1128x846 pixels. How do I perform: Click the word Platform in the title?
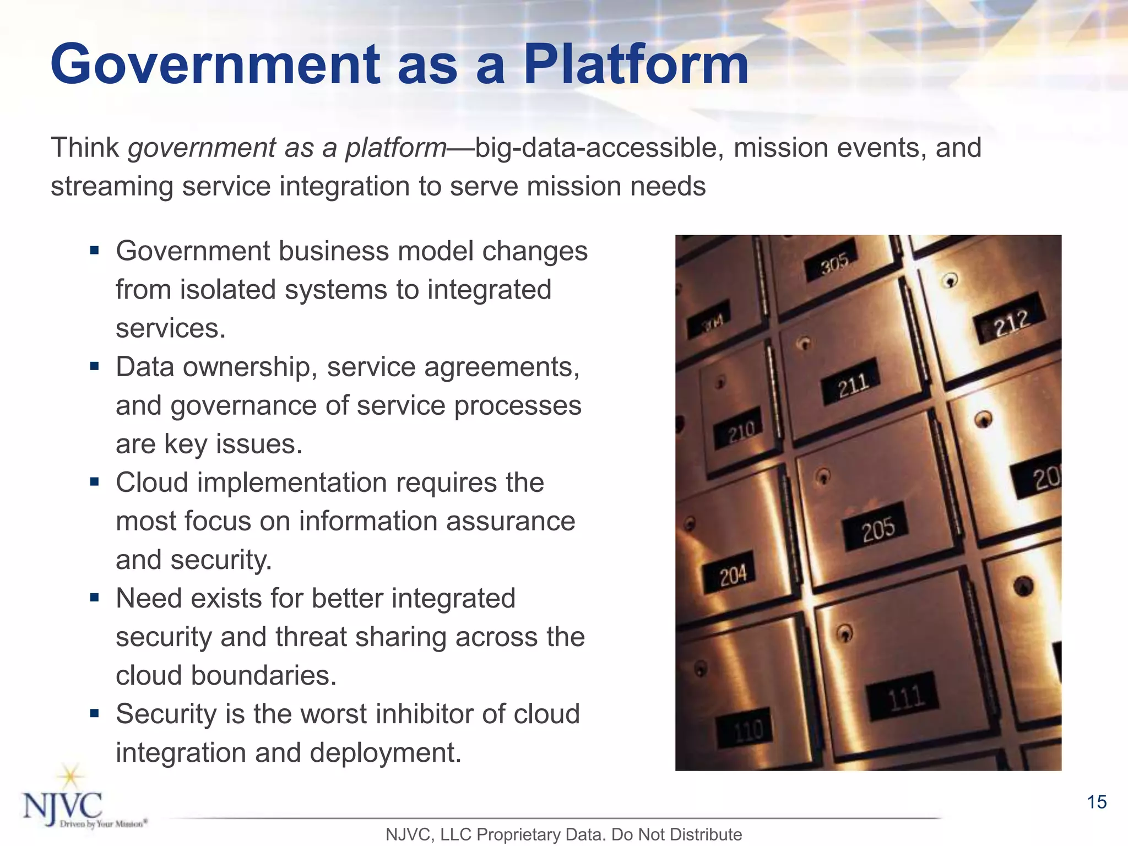coord(636,65)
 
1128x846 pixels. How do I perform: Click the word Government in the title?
coord(215,65)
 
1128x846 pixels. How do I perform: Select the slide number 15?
coord(1097,802)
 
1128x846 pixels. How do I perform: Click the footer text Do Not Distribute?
coord(676,834)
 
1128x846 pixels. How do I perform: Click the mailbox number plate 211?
coord(853,384)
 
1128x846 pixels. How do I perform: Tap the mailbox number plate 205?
coord(878,528)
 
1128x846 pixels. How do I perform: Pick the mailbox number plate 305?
coord(834,263)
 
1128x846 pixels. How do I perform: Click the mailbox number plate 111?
coord(904,697)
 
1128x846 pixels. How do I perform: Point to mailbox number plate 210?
coord(741,430)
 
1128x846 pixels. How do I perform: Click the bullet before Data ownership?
coord(95,366)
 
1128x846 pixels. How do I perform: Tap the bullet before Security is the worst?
coord(95,714)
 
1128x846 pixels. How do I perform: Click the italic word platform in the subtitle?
coord(396,148)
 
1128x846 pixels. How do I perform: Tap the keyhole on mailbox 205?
coord(823,475)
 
